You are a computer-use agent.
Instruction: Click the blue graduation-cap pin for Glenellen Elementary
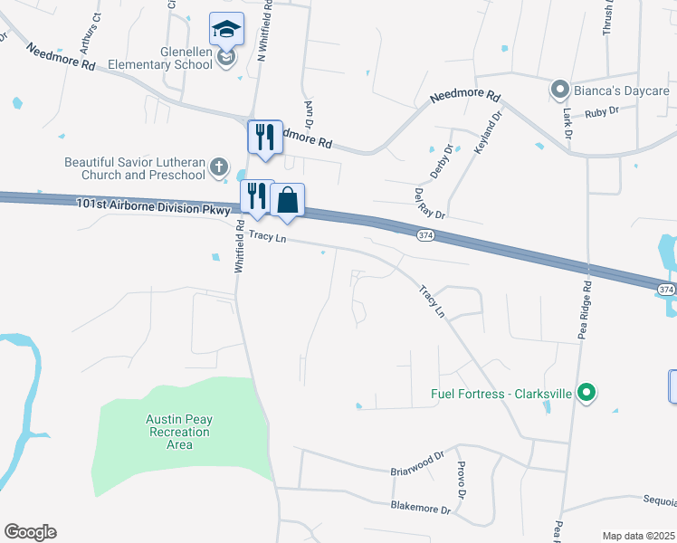point(226,30)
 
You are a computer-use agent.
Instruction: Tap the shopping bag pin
point(287,201)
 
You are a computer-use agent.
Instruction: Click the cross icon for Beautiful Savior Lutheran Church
point(218,167)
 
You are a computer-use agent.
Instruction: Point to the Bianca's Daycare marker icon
point(559,89)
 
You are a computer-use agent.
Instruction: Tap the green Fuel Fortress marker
point(586,393)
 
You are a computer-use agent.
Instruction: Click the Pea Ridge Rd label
point(586,310)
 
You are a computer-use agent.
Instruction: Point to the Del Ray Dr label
point(430,204)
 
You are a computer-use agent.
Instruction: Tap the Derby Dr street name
point(440,161)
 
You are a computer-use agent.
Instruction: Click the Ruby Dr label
point(601,111)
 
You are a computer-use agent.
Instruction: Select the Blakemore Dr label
point(419,510)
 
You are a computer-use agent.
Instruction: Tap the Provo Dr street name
point(462,480)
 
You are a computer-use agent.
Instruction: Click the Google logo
point(30,532)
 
